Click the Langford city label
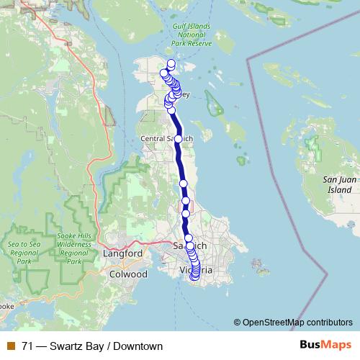point(124,254)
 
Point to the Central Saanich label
point(166,138)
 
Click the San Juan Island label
point(338,184)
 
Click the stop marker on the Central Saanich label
point(178,138)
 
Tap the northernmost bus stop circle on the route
point(171,63)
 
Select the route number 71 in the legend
point(27,346)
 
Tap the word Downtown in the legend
point(138,346)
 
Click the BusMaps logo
point(325,346)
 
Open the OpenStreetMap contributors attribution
point(297,323)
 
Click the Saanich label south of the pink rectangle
point(190,246)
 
